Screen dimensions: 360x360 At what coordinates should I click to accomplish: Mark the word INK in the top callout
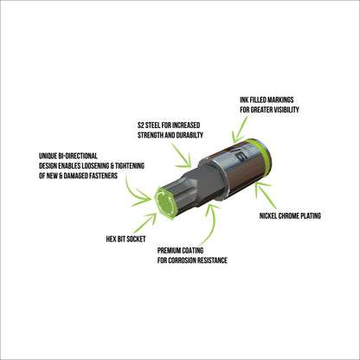point(245,100)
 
